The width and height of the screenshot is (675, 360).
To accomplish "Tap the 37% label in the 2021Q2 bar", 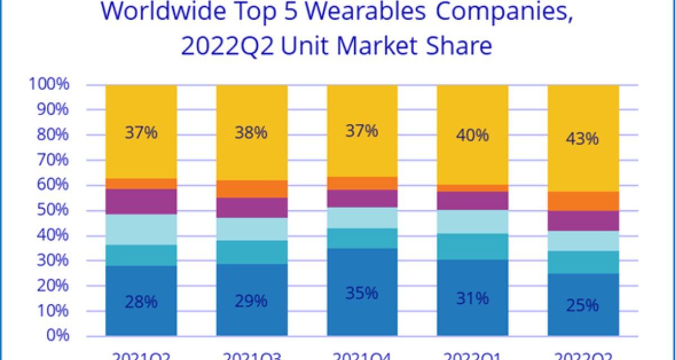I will point(141,133).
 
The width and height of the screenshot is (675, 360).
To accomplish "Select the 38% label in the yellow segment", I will point(251,133).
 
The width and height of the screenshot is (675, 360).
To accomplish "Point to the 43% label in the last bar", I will point(583,138).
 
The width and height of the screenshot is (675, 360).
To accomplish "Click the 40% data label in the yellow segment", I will point(472,136).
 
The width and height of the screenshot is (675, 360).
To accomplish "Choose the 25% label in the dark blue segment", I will point(583,306).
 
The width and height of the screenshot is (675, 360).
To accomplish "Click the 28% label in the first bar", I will point(141,302).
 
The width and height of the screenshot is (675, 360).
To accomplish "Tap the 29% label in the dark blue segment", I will point(251,301).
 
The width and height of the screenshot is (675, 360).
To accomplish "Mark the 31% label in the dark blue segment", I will point(472,298).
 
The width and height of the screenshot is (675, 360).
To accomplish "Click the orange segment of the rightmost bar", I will point(583,201).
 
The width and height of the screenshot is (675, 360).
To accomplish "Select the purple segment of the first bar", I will point(141,201).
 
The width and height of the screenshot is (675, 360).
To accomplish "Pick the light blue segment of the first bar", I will point(141,229).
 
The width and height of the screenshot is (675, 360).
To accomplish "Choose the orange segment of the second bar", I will point(251,189).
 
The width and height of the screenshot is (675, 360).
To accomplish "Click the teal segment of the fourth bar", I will point(472,246).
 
